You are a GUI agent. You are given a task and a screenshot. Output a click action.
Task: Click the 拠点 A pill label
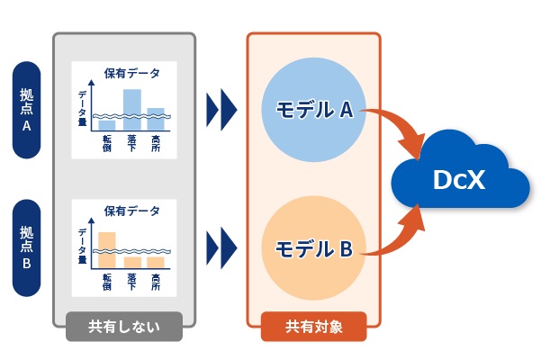coord(27,110)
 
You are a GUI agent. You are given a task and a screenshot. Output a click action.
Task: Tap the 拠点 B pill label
coord(27,247)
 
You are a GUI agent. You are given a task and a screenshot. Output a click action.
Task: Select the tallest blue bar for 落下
coord(132,110)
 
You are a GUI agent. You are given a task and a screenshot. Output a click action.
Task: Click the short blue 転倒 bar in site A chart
coord(107,125)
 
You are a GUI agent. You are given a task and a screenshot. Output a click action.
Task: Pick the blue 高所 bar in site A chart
coord(156,119)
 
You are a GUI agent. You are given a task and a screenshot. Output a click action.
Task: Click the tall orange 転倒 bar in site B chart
coord(107,250)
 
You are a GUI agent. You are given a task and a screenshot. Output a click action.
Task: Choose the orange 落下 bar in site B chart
coord(132,263)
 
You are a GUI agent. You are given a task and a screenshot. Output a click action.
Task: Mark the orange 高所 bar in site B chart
coord(156,263)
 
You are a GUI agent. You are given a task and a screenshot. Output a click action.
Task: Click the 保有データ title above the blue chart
coord(131,73)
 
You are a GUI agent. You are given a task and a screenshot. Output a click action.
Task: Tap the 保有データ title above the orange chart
coord(131,211)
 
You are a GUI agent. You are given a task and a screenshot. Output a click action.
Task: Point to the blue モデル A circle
coord(313,110)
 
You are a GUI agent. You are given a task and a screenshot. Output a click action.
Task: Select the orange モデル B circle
coord(313,247)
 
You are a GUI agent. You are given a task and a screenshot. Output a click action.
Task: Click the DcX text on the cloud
coord(459,180)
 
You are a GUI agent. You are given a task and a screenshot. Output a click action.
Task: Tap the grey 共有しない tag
coord(124,327)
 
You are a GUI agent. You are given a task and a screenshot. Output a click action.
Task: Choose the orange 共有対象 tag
coord(313,327)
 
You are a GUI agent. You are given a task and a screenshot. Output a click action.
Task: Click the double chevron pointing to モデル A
coord(221,110)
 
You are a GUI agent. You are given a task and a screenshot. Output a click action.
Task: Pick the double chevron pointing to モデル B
coord(221,247)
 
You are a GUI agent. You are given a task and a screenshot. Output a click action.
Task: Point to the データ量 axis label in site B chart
coord(83,246)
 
